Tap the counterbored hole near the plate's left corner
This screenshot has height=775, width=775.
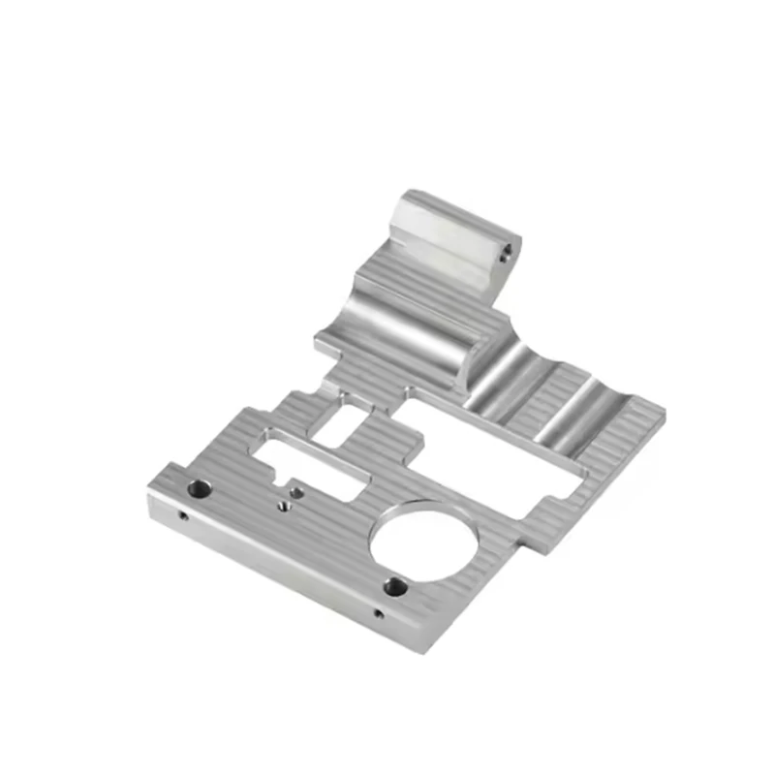coord(198,488)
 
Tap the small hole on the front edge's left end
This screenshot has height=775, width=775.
coord(182,516)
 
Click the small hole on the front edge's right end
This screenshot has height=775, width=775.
coord(379,613)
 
